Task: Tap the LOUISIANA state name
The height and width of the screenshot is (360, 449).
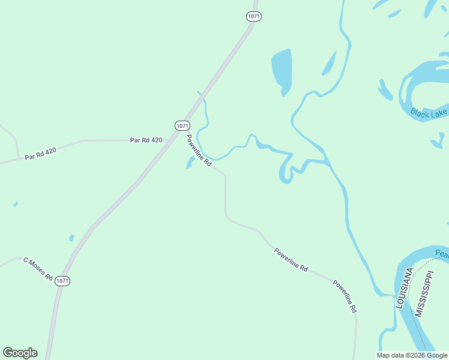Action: [404, 289]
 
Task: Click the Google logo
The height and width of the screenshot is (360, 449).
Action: [20, 353]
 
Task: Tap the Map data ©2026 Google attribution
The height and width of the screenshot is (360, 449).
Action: [412, 355]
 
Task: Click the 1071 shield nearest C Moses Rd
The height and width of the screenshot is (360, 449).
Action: [62, 281]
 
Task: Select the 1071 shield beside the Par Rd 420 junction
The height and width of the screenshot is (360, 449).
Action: [182, 125]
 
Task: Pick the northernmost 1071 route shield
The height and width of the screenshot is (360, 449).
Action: [253, 16]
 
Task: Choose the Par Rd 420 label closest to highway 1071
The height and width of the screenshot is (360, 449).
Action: [146, 140]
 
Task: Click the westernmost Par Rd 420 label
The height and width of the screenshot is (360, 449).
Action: [41, 154]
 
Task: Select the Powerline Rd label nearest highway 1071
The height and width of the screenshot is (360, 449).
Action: [199, 151]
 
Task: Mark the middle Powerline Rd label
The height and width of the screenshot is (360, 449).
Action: [291, 260]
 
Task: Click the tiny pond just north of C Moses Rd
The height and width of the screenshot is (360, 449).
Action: [72, 238]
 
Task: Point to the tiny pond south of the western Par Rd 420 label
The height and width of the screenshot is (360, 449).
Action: [16, 204]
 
